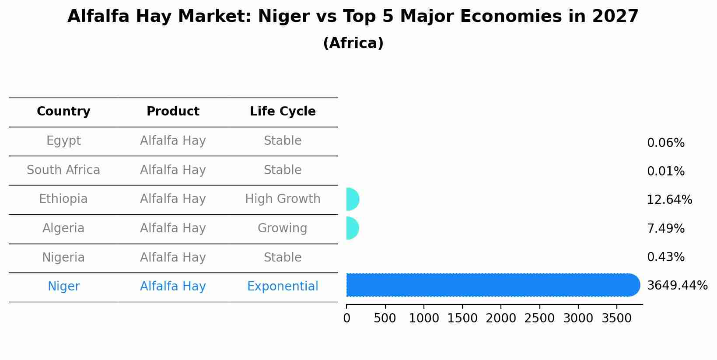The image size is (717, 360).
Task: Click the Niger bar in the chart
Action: pos(492,285)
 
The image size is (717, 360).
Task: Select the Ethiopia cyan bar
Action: pos(352,199)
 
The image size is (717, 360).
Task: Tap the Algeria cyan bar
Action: pos(352,228)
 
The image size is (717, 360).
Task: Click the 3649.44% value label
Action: pos(677,286)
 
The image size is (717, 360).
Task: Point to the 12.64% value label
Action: pos(669,200)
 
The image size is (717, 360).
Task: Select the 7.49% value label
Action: pos(665,228)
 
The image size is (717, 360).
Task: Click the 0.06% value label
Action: pos(665,143)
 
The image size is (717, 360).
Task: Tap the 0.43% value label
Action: pos(665,257)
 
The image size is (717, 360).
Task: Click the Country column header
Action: pos(63,112)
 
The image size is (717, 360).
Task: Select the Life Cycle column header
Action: pos(283,112)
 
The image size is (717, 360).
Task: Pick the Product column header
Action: pos(173,112)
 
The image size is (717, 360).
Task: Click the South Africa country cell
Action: pos(63,170)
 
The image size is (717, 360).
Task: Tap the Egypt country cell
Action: pos(63,141)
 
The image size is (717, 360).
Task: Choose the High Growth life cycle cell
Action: pos(283,199)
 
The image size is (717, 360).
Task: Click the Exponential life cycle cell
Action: pos(283,287)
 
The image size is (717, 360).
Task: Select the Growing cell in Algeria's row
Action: pos(283,228)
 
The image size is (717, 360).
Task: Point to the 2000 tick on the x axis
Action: pos(501,318)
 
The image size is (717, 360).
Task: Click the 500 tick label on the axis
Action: pos(385,318)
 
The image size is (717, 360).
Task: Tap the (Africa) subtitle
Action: pos(353,43)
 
